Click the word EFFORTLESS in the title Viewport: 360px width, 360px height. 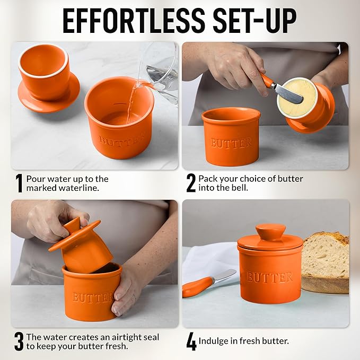(x=134, y=21)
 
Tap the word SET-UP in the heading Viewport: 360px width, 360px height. (x=255, y=21)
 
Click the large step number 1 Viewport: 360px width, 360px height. (x=19, y=183)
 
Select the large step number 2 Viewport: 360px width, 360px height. (x=191, y=183)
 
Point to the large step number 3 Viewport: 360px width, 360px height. (x=19, y=341)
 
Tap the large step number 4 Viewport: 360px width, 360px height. (x=191, y=341)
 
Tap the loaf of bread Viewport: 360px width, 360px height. (x=326, y=262)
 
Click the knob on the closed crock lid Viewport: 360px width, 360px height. (x=270, y=231)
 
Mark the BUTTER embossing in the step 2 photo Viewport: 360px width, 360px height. (x=231, y=143)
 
